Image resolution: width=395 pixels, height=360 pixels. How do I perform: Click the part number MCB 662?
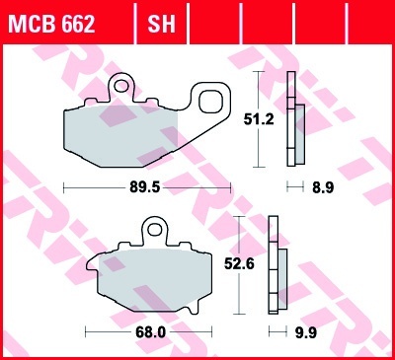[x=51, y=24]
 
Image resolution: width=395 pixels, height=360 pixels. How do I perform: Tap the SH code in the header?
[x=161, y=24]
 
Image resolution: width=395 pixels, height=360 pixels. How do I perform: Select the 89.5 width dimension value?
[x=145, y=187]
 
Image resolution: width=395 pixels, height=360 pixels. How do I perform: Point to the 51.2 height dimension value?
[x=259, y=119]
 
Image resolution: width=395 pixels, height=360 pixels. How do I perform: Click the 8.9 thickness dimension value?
[x=323, y=187]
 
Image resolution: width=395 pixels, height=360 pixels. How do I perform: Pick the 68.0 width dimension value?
[x=150, y=332]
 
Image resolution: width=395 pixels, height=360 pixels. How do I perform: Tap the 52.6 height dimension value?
[x=239, y=264]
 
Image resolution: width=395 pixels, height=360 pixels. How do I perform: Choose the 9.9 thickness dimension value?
[x=306, y=332]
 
